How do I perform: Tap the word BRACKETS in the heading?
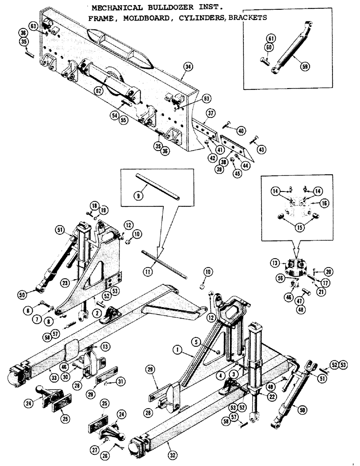[x=247, y=18]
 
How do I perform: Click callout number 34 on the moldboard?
[x=187, y=67]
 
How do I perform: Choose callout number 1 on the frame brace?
[x=177, y=348]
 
